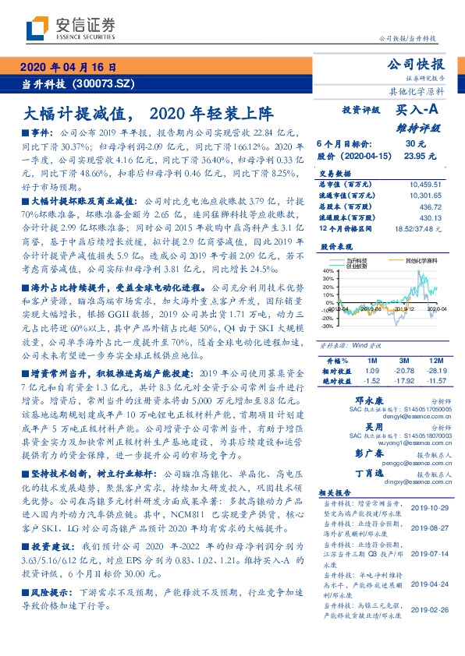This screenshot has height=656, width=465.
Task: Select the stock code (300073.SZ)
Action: [x=106, y=82]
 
